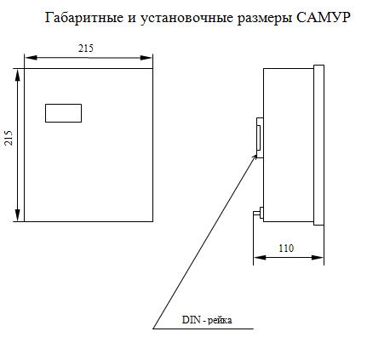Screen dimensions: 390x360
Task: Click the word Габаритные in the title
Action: pyautogui.click(x=84, y=18)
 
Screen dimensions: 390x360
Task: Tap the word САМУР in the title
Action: pyautogui.click(x=323, y=18)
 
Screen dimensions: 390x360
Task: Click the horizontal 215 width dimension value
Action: pyautogui.click(x=86, y=49)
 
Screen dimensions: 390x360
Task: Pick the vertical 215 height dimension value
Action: pyautogui.click(x=9, y=138)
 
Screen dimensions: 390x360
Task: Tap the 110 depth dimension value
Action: pyautogui.click(x=286, y=249)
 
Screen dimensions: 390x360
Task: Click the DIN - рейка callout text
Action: pyautogui.click(x=207, y=320)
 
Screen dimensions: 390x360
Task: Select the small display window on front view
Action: pyautogui.click(x=63, y=113)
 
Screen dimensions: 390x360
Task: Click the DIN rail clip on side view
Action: pyautogui.click(x=260, y=138)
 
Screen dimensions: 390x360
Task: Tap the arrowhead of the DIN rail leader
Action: pyautogui.click(x=255, y=157)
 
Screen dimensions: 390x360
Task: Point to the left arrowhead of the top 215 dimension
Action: pyautogui.click(x=31, y=58)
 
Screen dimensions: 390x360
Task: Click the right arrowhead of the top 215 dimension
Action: pyautogui.click(x=146, y=58)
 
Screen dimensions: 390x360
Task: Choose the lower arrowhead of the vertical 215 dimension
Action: pyautogui.click(x=18, y=215)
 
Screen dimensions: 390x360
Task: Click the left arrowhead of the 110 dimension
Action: pyautogui.click(x=260, y=258)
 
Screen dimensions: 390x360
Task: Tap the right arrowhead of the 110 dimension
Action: pyautogui.click(x=318, y=258)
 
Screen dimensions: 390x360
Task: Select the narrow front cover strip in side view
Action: pyautogui.click(x=318, y=145)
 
